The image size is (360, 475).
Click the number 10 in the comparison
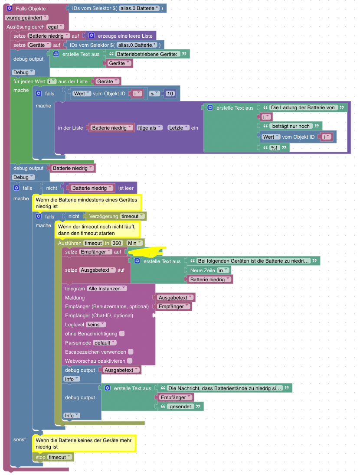point(170,94)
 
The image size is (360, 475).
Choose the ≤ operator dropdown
point(154,94)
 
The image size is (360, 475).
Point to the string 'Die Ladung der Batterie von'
point(303,107)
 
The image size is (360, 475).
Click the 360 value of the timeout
point(117,243)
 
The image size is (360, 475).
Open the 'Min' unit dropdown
point(134,243)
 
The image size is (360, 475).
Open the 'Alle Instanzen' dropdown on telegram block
point(107,288)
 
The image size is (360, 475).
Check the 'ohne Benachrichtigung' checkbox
point(122,334)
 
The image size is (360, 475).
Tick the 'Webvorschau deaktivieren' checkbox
point(130,361)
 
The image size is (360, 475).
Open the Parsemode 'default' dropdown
point(105,343)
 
